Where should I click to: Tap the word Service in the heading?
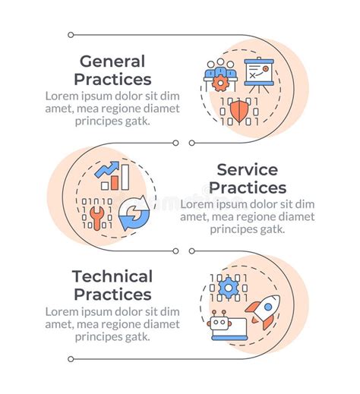tap(247, 170)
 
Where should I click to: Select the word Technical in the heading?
tap(112, 277)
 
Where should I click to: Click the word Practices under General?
tap(113, 79)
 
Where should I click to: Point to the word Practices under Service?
tap(248, 188)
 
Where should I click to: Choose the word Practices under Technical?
tap(113, 295)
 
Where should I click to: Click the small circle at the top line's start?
tap(71, 34)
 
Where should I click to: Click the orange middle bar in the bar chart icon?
tap(114, 182)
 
